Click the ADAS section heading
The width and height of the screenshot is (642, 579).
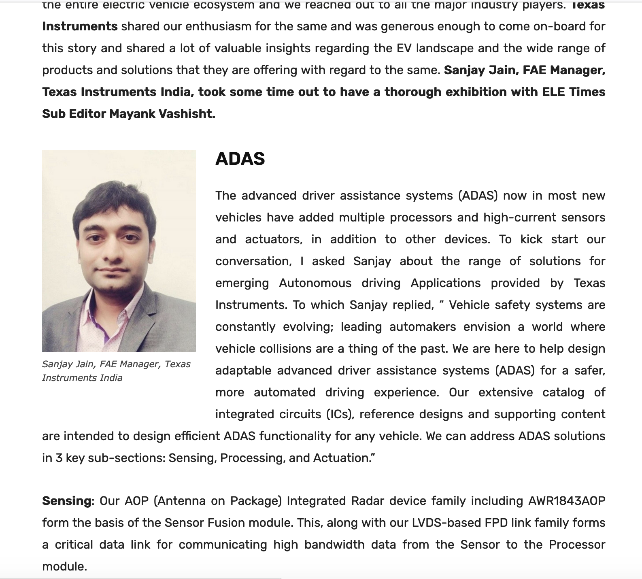point(240,159)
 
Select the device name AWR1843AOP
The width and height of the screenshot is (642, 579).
point(567,501)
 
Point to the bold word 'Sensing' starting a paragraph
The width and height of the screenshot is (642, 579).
point(66,501)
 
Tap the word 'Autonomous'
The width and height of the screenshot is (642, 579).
point(315,283)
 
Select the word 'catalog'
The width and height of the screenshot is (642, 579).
point(563,392)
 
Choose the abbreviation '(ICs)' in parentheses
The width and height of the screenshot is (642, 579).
point(340,414)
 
